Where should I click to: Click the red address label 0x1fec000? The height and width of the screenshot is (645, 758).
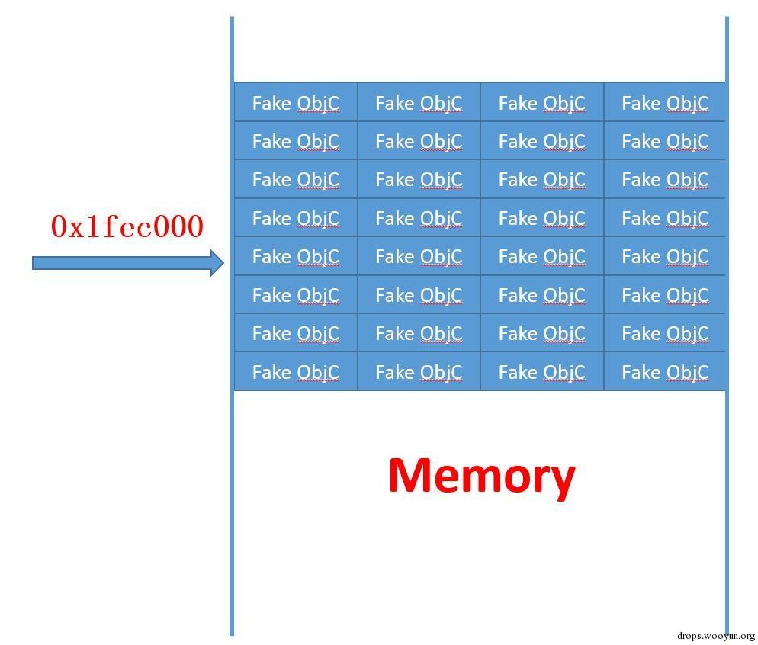(127, 226)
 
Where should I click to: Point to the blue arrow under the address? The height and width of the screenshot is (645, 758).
(122, 263)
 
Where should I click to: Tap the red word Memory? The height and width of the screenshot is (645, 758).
(481, 476)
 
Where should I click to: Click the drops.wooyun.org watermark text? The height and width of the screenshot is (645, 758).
(715, 635)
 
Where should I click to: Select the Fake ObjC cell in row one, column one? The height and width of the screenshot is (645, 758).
(295, 103)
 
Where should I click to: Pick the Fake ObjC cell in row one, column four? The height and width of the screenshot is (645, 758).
(665, 103)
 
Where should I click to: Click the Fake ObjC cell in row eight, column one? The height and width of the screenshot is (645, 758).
(295, 372)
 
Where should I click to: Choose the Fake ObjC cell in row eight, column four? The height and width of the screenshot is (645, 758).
(665, 372)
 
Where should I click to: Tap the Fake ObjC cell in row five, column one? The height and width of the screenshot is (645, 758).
(295, 256)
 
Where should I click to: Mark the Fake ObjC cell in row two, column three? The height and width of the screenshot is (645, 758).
(541, 141)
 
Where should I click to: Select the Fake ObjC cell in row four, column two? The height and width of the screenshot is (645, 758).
(419, 218)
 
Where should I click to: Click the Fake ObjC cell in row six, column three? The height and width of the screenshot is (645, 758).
(541, 295)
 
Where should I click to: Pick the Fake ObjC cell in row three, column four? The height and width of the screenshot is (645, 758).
(665, 179)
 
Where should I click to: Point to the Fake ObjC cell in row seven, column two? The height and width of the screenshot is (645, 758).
(419, 333)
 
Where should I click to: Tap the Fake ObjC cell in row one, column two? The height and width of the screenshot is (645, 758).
(419, 103)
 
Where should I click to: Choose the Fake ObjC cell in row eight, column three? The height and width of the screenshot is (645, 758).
(541, 372)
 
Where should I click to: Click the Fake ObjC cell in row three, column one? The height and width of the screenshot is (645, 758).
(295, 179)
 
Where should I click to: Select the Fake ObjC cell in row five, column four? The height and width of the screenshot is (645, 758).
(665, 256)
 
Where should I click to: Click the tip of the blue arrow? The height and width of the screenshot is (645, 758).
(223, 263)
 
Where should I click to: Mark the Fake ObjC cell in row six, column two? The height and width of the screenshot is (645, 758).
(419, 295)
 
